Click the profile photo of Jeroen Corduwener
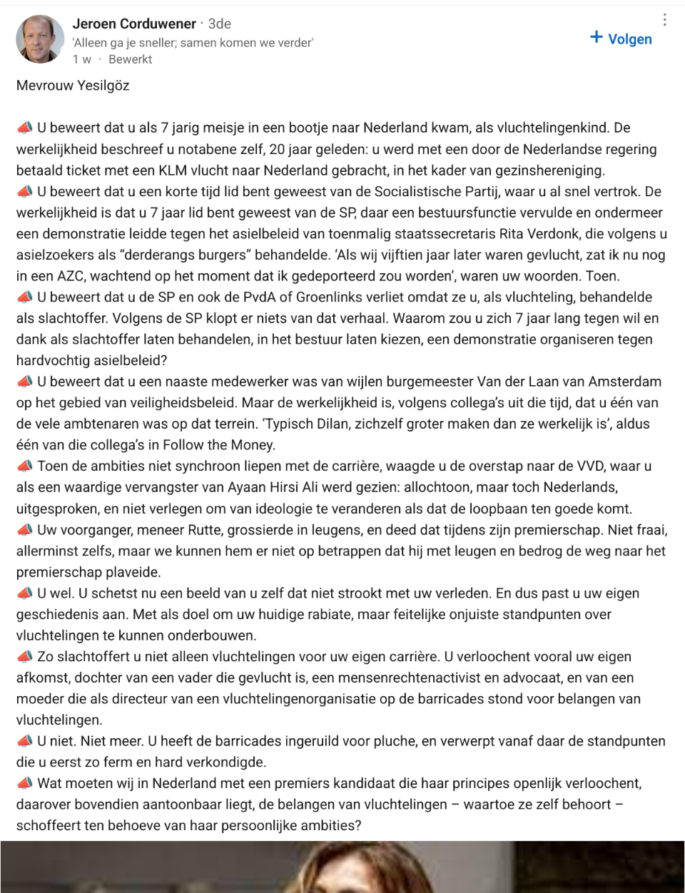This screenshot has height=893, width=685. coord(40,39)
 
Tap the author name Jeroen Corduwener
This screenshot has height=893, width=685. coord(134,24)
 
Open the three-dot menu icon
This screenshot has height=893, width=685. coord(665,20)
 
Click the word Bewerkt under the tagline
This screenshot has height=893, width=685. coord(131,59)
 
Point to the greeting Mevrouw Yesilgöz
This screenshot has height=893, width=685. coord(73,86)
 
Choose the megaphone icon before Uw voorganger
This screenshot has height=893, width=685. coord(25,530)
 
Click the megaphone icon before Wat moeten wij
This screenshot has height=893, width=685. coord(25,783)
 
